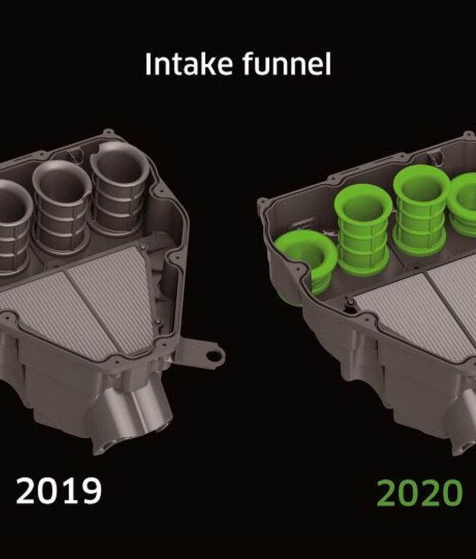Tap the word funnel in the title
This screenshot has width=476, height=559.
[x=287, y=64]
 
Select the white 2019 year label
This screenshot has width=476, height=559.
[x=59, y=491]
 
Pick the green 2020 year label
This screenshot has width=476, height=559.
[x=420, y=493]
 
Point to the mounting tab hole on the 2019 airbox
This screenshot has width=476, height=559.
[x=214, y=355]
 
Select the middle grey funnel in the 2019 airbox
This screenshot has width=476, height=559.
[x=61, y=207]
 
